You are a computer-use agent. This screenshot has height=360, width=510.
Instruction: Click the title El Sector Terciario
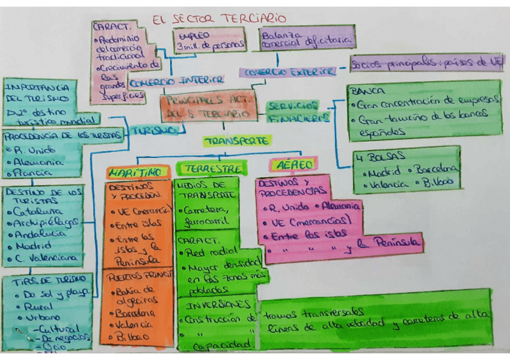(x=219, y=19)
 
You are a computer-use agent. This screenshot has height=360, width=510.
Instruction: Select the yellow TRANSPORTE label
(x=236, y=141)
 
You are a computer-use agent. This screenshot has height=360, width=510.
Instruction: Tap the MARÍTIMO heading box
(x=137, y=172)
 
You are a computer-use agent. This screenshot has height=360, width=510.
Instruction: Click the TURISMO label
(x=155, y=130)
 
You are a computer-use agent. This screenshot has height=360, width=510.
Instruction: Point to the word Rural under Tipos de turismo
(x=35, y=306)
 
